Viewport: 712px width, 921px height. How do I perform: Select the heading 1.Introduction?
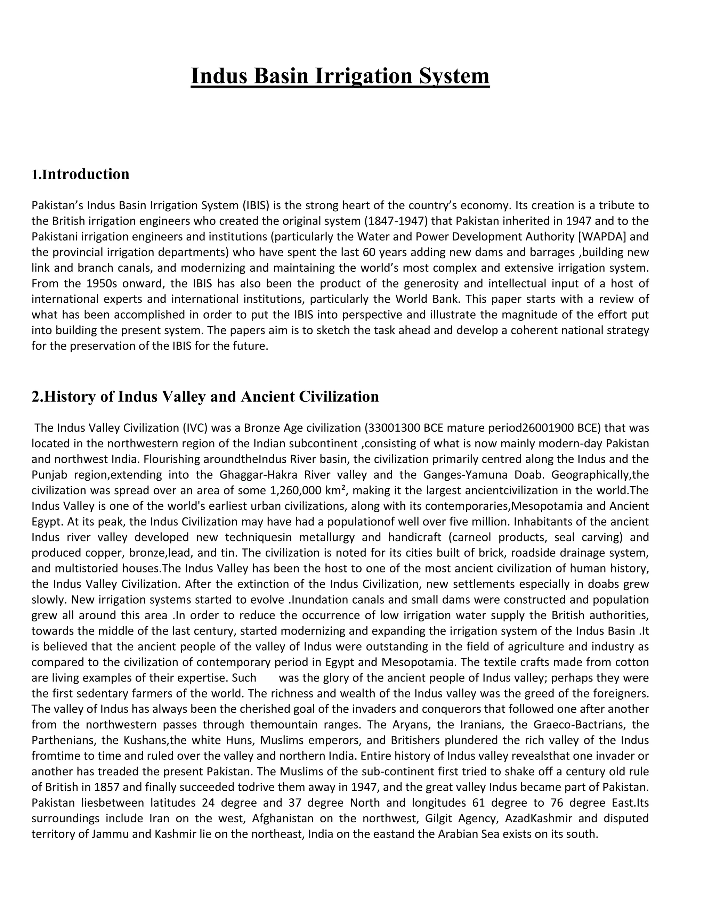pyautogui.click(x=81, y=174)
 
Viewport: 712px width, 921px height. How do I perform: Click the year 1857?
pyautogui.click(x=128, y=787)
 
